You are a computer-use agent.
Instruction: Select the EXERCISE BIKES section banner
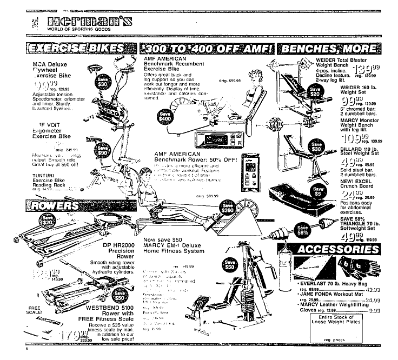click(x=75, y=48)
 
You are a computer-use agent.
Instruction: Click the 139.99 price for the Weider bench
click(x=367, y=70)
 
